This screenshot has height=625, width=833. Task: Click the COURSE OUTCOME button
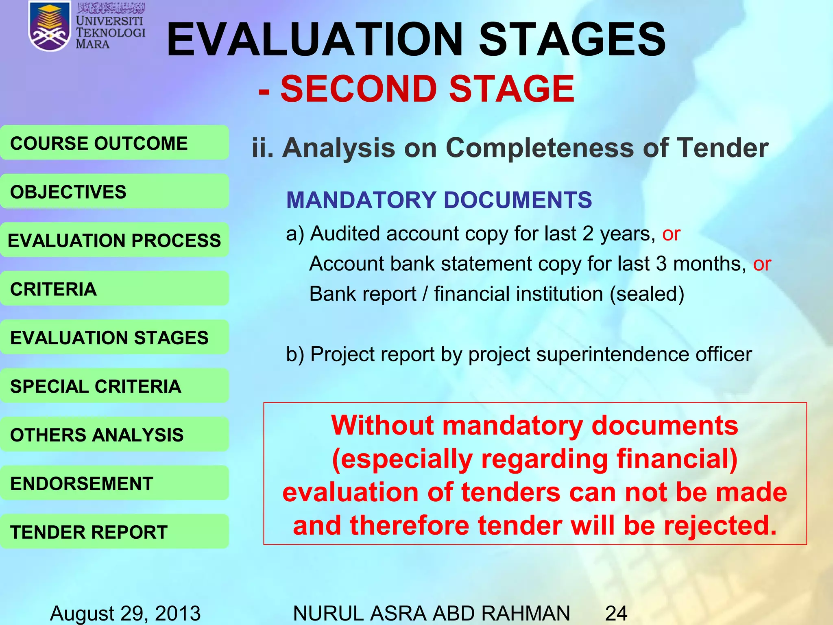pos(114,143)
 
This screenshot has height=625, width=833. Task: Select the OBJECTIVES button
pos(114,192)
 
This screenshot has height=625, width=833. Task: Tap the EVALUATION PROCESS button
pos(114,240)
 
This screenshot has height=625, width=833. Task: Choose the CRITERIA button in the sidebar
pos(114,289)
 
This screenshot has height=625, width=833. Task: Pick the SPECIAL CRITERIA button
pos(114,386)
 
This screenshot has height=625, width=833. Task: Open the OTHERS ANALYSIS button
pos(114,435)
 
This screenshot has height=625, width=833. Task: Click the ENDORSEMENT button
pos(114,483)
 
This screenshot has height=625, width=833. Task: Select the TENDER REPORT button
pos(114,532)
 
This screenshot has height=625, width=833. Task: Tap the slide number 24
pos(616,613)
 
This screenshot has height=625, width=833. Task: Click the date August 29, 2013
pos(125,613)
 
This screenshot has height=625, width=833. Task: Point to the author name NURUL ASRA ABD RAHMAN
pos(431,613)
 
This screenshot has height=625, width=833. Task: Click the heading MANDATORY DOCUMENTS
pos(439,200)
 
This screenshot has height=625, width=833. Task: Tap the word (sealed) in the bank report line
pos(647,294)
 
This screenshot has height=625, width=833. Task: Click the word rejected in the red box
pos(720,526)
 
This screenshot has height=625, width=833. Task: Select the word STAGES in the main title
pos(572,40)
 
